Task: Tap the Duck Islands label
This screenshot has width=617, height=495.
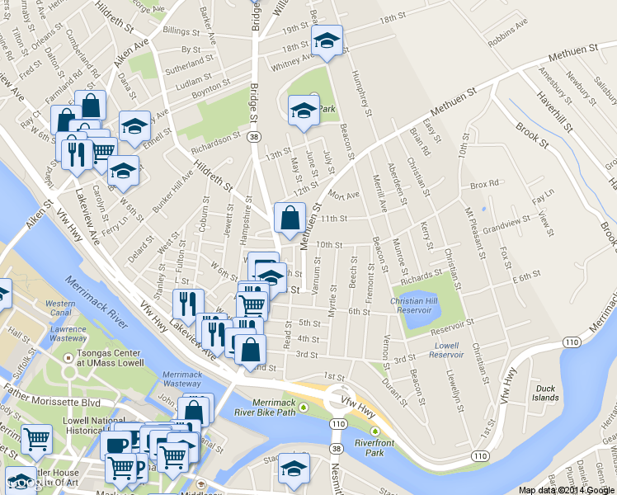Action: click(545, 393)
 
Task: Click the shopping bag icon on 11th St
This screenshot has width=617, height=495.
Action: click(290, 219)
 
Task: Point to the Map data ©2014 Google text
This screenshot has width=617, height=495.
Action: click(567, 489)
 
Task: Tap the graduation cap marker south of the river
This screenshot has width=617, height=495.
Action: click(293, 469)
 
